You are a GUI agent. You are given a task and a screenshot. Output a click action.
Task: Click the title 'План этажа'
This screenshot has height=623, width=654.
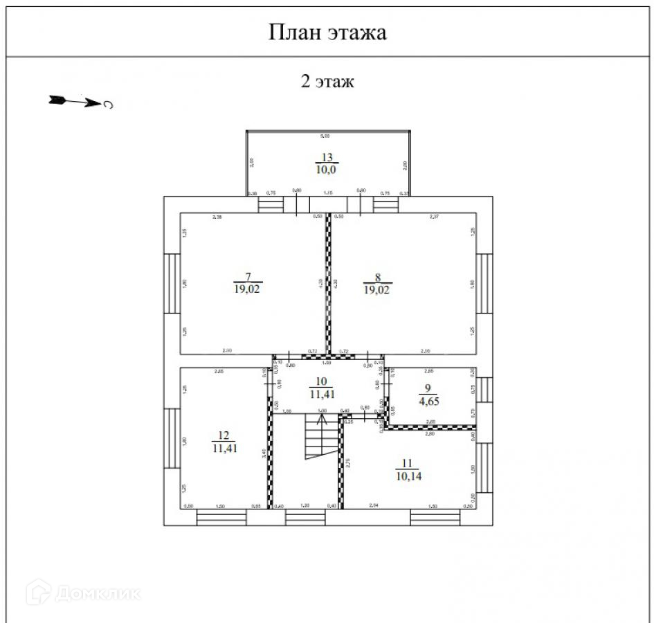coord(327,32)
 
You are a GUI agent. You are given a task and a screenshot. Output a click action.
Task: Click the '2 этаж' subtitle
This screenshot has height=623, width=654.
coord(327,82)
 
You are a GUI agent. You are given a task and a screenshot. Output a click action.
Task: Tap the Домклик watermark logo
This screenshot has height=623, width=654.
coord(83,593)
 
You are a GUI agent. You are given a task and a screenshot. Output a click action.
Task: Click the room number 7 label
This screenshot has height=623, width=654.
coord(248,278)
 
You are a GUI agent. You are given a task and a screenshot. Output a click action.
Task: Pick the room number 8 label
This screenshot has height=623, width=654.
coord(377,278)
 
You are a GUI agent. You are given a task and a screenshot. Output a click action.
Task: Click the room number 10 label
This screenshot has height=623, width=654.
coord(320,381)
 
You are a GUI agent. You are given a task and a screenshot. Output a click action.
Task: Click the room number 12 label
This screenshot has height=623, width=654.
coord(224,435)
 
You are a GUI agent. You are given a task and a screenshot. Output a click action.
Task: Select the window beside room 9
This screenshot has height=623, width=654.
coord(485,390)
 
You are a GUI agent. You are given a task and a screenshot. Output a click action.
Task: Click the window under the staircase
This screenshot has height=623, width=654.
coord(305,517)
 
